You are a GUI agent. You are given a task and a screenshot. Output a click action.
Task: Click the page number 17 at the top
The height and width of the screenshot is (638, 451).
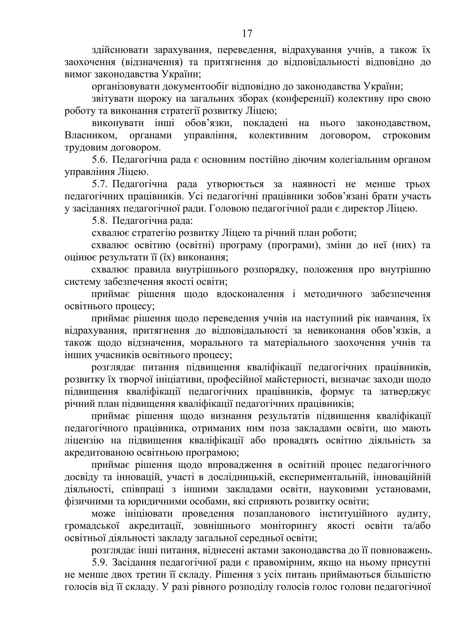247,34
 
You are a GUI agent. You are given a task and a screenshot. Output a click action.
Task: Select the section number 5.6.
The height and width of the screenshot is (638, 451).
100,160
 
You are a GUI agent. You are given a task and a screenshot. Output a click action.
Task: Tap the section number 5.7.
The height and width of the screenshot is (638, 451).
100,184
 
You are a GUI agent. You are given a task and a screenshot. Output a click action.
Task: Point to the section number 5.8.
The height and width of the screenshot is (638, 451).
100,220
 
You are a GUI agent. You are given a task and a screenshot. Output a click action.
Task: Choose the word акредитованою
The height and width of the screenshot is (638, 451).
99,453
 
